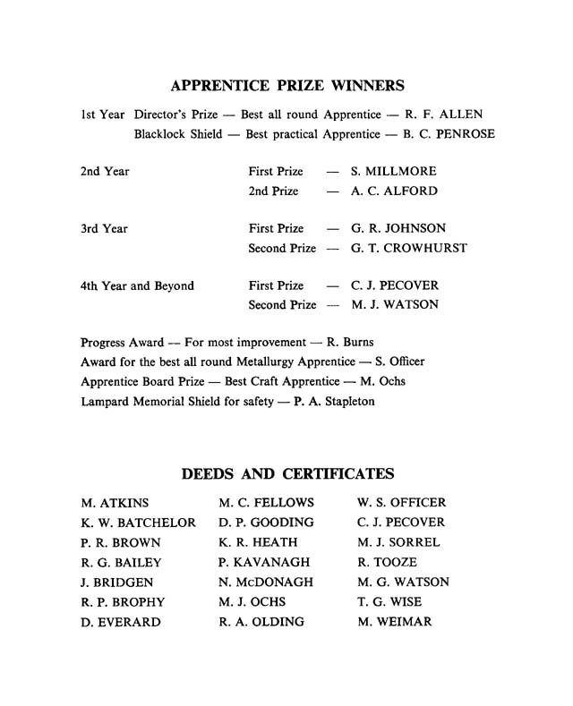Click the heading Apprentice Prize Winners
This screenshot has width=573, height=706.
click(286, 87)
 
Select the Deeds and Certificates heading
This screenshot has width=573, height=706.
click(287, 473)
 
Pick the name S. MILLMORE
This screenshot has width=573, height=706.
click(394, 171)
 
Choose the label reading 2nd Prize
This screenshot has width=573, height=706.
click(274, 191)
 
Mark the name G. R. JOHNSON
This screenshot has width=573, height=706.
click(398, 228)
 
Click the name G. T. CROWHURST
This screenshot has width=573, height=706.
click(409, 248)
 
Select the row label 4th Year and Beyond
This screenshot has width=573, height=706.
click(137, 285)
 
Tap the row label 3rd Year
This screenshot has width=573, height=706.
click(104, 228)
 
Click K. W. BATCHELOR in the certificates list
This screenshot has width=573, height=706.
click(138, 523)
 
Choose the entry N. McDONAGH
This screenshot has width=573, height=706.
click(266, 582)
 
